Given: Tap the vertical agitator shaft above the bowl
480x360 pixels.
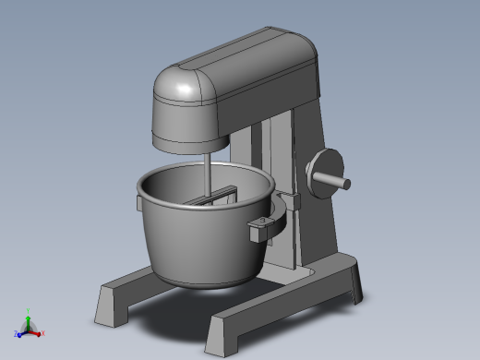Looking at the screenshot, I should (207, 173).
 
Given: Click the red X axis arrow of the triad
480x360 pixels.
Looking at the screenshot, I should (40, 332).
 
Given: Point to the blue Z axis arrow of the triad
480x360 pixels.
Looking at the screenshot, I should (18, 333).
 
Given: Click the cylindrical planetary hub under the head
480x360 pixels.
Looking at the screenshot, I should (190, 144).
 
